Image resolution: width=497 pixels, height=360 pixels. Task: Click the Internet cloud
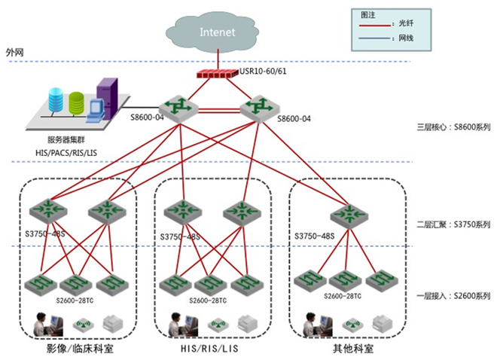218,32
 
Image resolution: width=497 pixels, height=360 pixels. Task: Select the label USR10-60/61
259,73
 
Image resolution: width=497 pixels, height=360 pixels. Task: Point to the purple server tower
107,98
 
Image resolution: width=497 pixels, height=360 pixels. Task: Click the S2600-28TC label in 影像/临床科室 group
75,301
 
